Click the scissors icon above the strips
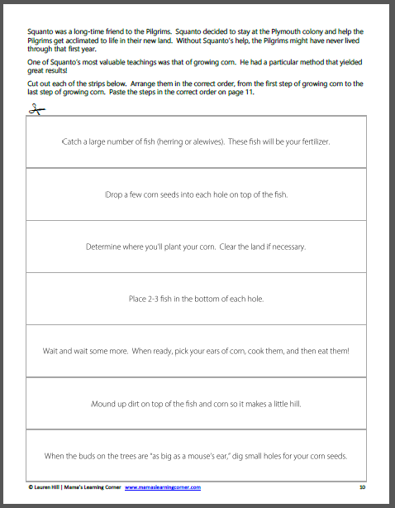pyautogui.click(x=34, y=112)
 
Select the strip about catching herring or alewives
pyautogui.click(x=196, y=141)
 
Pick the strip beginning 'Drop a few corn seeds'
pyautogui.click(x=196, y=194)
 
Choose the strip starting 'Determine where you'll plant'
pyautogui.click(x=196, y=247)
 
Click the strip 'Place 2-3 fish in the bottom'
pyautogui.click(x=196, y=299)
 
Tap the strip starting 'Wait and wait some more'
pyautogui.click(x=196, y=351)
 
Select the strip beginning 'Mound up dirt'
pyautogui.click(x=196, y=403)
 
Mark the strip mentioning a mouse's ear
pyautogui.click(x=196, y=456)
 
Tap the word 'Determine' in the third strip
pyautogui.click(x=104, y=247)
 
